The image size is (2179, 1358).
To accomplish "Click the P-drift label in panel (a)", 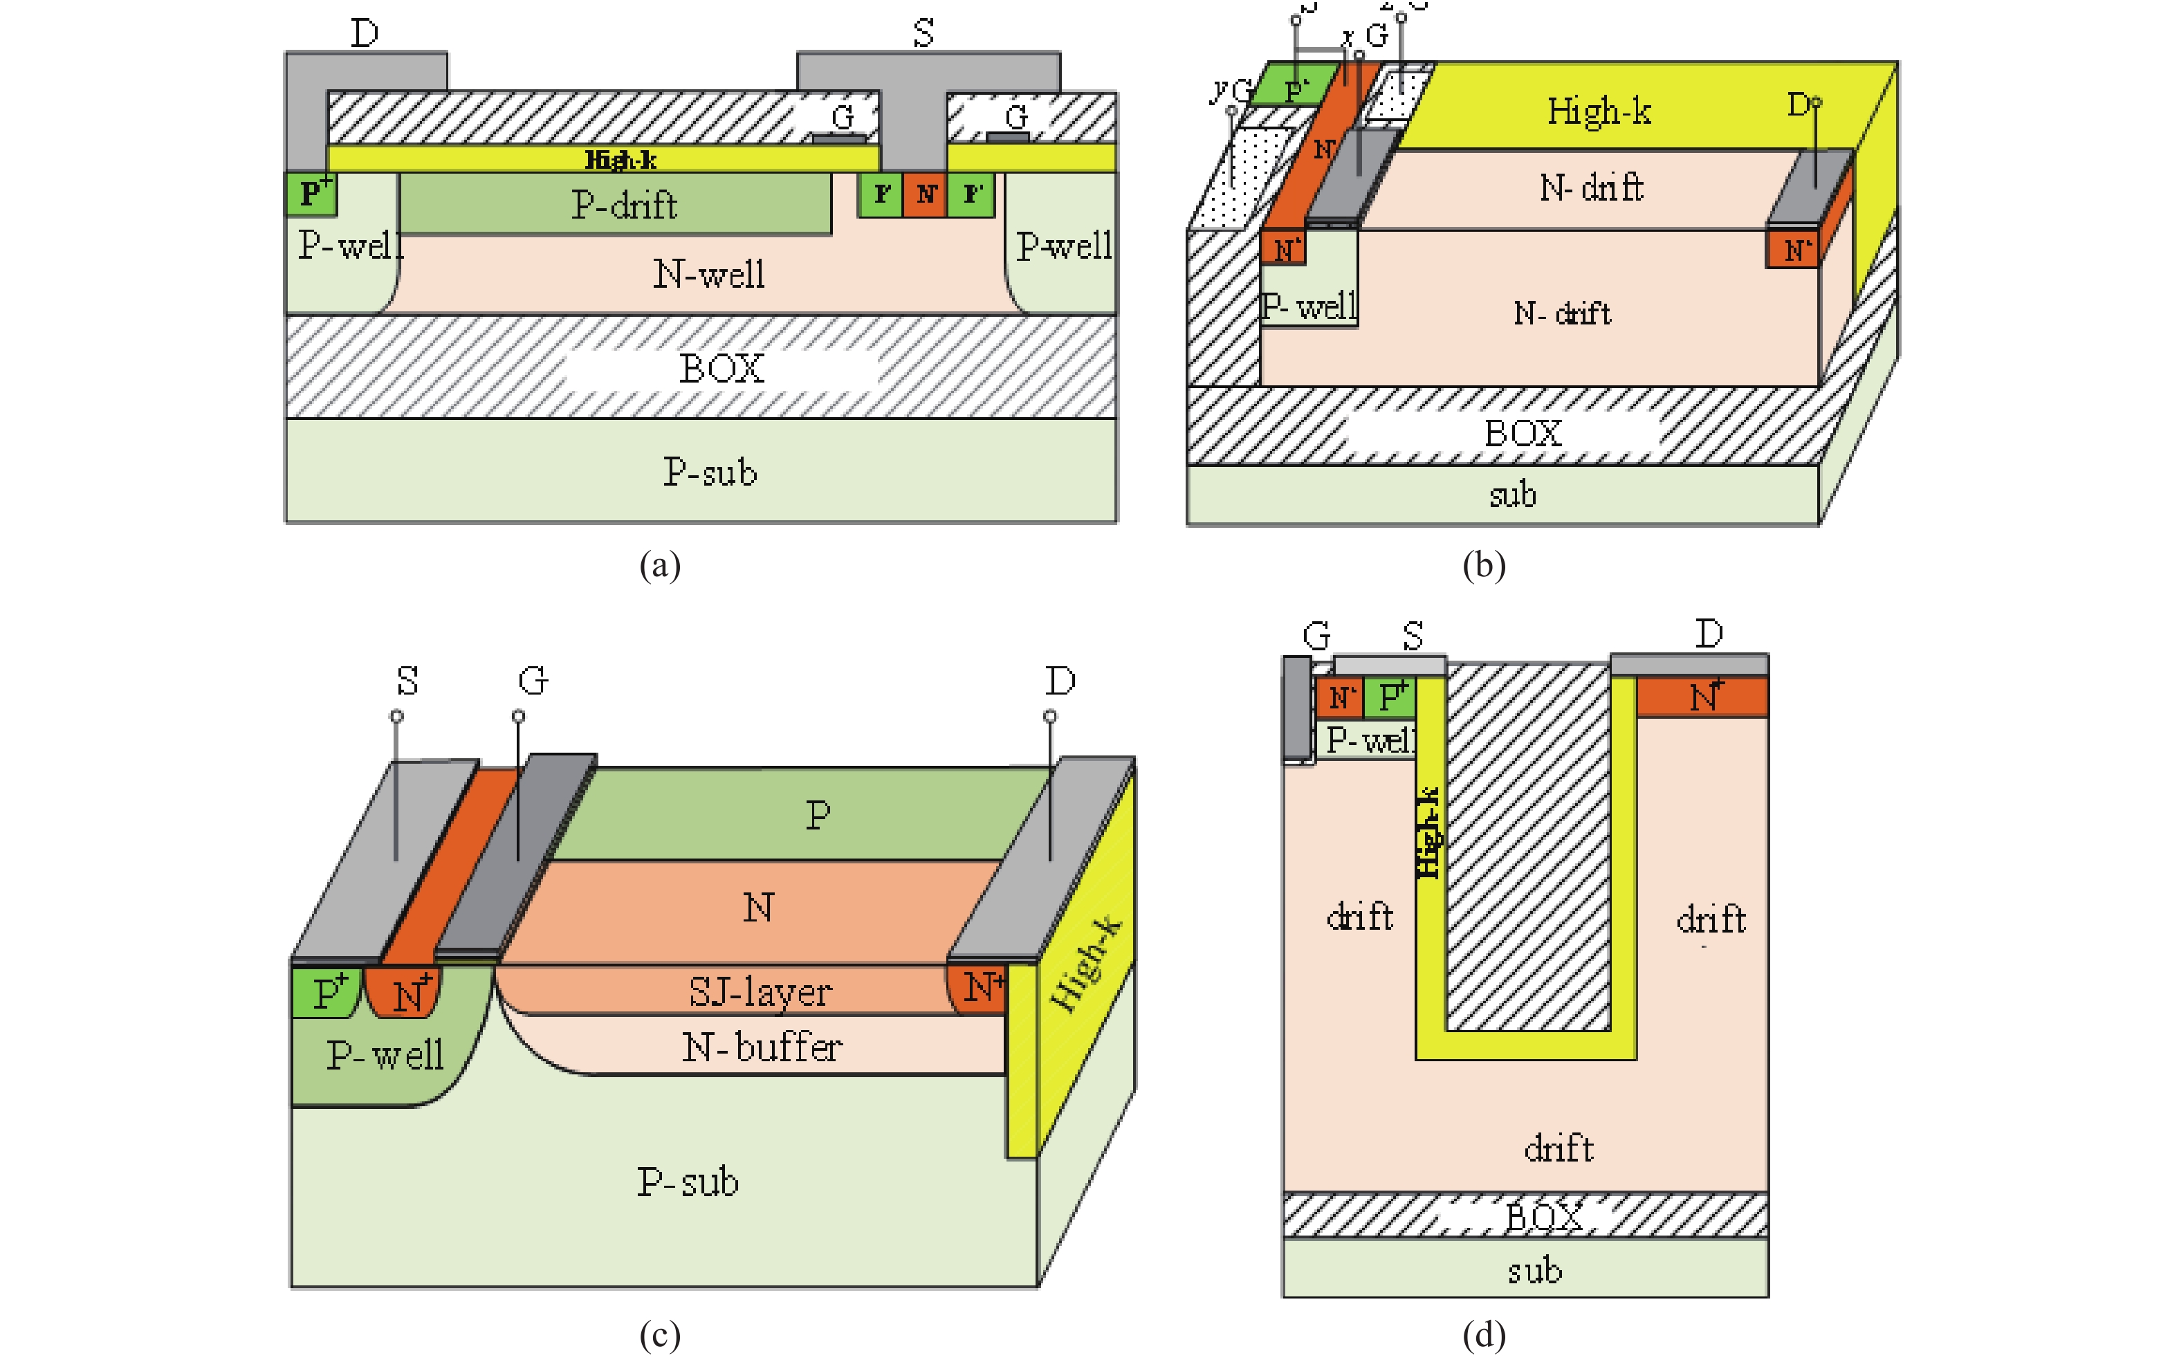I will pyautogui.click(x=624, y=205).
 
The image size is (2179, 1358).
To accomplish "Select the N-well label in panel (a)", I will pyautogui.click(x=708, y=274).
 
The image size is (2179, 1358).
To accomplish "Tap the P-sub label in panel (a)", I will pyautogui.click(x=709, y=472).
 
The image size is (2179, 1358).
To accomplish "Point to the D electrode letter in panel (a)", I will pyautogui.click(x=364, y=34).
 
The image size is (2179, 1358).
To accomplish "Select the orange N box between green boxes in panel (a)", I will pyautogui.click(x=926, y=194).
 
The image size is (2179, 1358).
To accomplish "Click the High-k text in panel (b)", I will pyautogui.click(x=1598, y=111).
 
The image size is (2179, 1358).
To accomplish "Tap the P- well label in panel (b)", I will pyautogui.click(x=1308, y=307).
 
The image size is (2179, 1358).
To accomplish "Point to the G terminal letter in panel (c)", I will pyautogui.click(x=533, y=681).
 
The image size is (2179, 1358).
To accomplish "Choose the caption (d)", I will pyautogui.click(x=1483, y=1336).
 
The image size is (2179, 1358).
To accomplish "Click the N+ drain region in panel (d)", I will pyautogui.click(x=1703, y=697).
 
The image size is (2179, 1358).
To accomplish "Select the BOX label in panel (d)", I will pyautogui.click(x=1543, y=1218).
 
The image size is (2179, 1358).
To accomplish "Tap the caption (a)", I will pyautogui.click(x=660, y=566).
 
